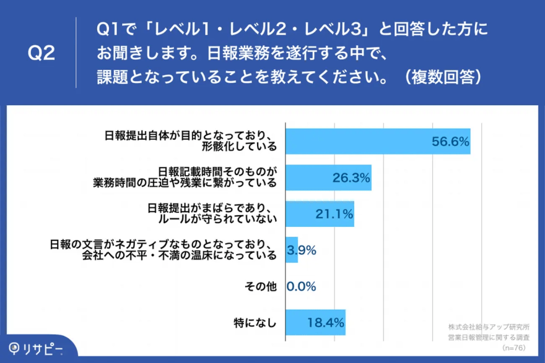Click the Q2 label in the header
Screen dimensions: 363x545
pyautogui.click(x=42, y=54)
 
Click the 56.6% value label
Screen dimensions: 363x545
pyautogui.click(x=450, y=142)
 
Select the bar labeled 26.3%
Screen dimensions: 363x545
pyautogui.click(x=328, y=177)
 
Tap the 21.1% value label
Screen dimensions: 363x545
pyautogui.click(x=334, y=214)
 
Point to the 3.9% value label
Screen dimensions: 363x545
pyautogui.click(x=302, y=250)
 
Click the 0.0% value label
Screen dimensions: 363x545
pyautogui.click(x=302, y=286)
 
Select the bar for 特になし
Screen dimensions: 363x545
pyautogui.click(x=315, y=322)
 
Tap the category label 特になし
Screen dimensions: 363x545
pyautogui.click(x=255, y=322)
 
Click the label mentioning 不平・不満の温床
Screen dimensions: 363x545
pyautogui.click(x=179, y=255)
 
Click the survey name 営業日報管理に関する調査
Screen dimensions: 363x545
pyautogui.click(x=489, y=337)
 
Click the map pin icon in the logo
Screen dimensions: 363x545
pyautogui.click(x=14, y=348)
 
